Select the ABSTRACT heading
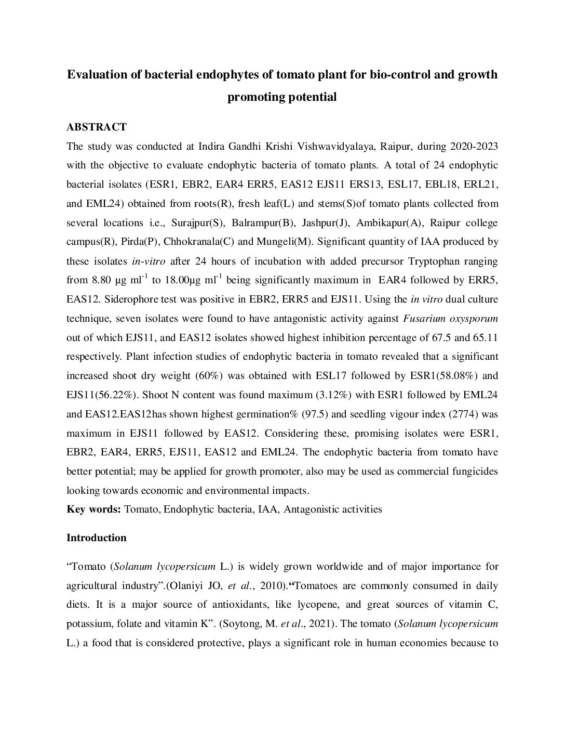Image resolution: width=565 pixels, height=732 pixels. [x=97, y=127]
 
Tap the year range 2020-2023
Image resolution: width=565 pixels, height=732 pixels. [x=474, y=147]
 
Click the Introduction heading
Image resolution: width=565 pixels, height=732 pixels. [x=96, y=538]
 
